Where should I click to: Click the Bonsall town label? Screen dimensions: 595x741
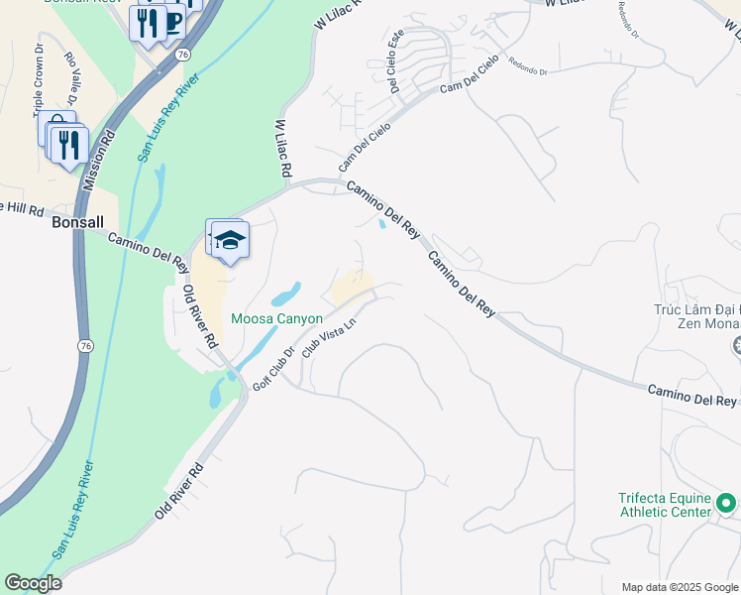[x=77, y=223]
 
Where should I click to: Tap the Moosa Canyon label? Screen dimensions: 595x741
[x=276, y=318]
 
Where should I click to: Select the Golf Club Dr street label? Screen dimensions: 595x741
[x=274, y=368]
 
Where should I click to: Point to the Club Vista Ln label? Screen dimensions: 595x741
[x=328, y=336]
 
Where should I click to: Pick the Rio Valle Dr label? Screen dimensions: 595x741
[x=70, y=78]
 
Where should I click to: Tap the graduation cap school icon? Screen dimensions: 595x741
[x=230, y=241]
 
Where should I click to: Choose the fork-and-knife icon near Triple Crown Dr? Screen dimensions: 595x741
[x=68, y=145]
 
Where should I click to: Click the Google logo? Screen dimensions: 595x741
[x=33, y=583]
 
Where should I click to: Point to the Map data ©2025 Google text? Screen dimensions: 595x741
[x=680, y=587]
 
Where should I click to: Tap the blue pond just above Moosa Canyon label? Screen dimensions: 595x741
[x=286, y=295]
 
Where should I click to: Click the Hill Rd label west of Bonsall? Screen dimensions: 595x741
[x=22, y=209]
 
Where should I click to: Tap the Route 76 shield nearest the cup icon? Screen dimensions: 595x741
[x=183, y=57]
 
